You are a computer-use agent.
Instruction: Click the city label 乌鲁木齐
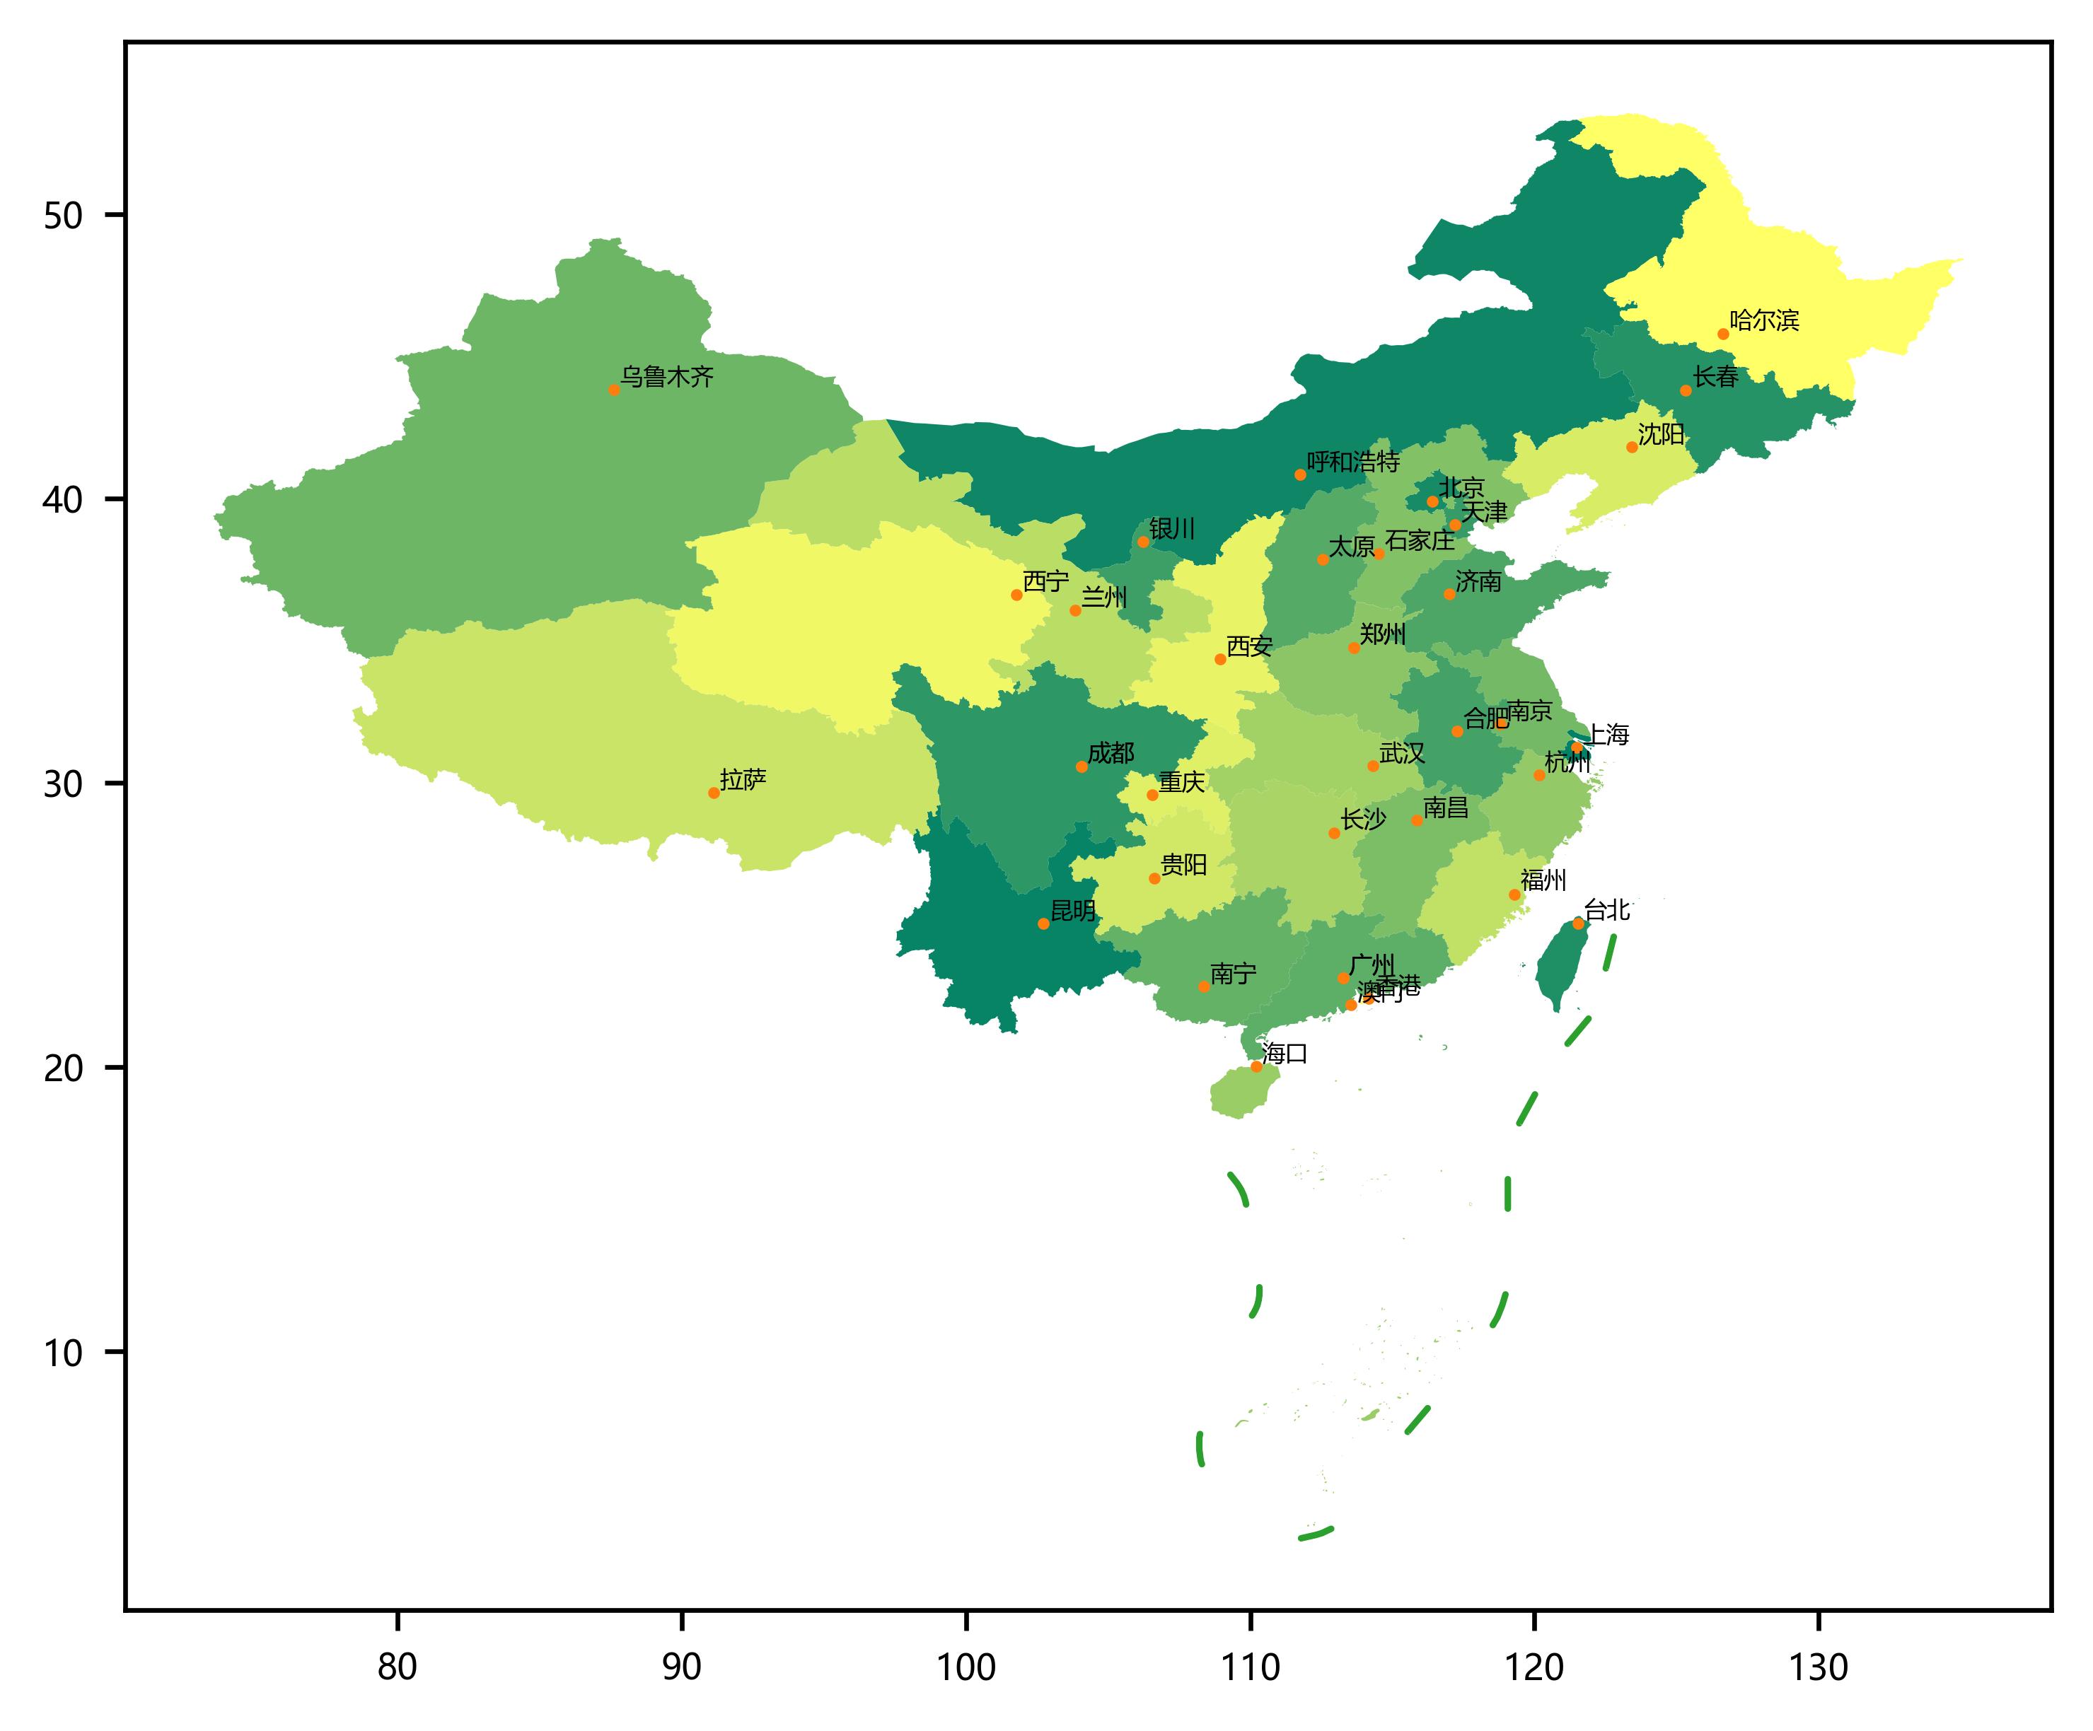(667, 378)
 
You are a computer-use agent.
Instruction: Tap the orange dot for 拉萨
(714, 793)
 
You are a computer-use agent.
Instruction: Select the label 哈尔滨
(1764, 321)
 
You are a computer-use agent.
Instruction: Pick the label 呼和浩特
(1352, 462)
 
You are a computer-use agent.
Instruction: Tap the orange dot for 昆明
(1043, 923)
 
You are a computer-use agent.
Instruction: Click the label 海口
(1285, 1054)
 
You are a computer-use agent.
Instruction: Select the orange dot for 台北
(1579, 923)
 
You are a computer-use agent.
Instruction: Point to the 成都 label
(1111, 753)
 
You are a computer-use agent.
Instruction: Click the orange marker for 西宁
(1016, 595)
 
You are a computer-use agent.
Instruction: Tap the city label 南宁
(1233, 974)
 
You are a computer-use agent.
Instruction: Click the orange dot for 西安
(1220, 659)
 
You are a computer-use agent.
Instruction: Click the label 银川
(1172, 529)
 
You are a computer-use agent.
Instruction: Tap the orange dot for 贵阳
(1154, 878)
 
